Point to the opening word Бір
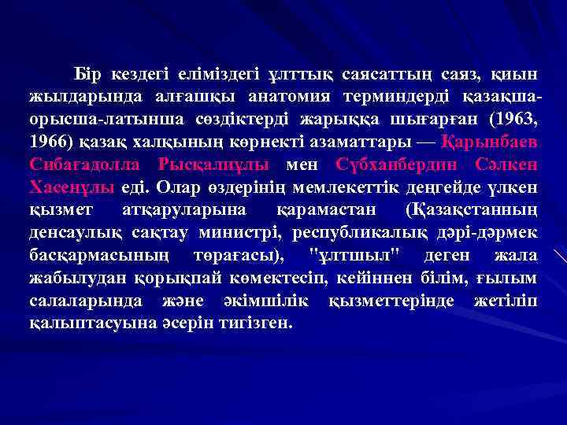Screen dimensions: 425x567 click(x=88, y=74)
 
